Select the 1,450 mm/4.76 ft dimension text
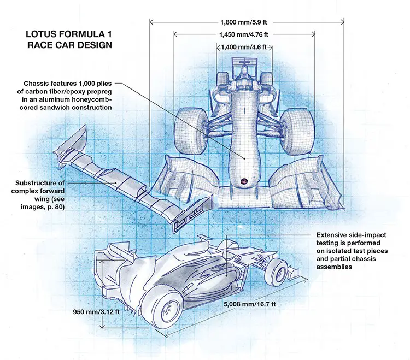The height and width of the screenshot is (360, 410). point(244,34)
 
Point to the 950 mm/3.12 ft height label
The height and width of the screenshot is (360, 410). point(95,313)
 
